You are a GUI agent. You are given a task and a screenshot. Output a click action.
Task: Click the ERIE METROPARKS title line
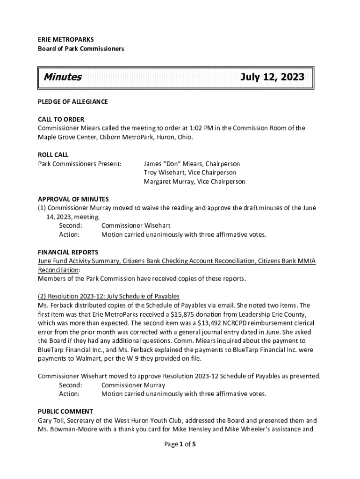(65, 40)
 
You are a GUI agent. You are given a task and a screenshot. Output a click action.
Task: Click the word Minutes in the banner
(62, 77)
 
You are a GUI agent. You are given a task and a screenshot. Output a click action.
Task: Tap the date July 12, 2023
(272, 77)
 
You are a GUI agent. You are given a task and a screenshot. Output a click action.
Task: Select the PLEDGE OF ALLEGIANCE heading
(72, 102)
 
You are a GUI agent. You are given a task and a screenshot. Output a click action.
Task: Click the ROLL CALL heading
(53, 155)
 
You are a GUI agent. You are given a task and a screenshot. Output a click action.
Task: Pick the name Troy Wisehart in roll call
(164, 173)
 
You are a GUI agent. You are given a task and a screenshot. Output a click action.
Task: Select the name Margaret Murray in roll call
(169, 181)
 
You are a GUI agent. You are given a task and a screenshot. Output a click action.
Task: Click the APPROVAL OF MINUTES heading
(73, 199)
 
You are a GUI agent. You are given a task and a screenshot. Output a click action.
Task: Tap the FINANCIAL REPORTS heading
(68, 252)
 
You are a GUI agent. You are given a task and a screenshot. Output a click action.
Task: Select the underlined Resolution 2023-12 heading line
(108, 297)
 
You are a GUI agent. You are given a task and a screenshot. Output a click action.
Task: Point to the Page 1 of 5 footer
(180, 445)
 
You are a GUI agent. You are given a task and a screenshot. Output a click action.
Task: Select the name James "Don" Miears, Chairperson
(192, 164)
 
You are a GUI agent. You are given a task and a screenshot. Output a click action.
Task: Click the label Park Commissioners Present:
(79, 164)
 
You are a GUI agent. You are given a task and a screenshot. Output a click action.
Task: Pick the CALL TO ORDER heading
(61, 119)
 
